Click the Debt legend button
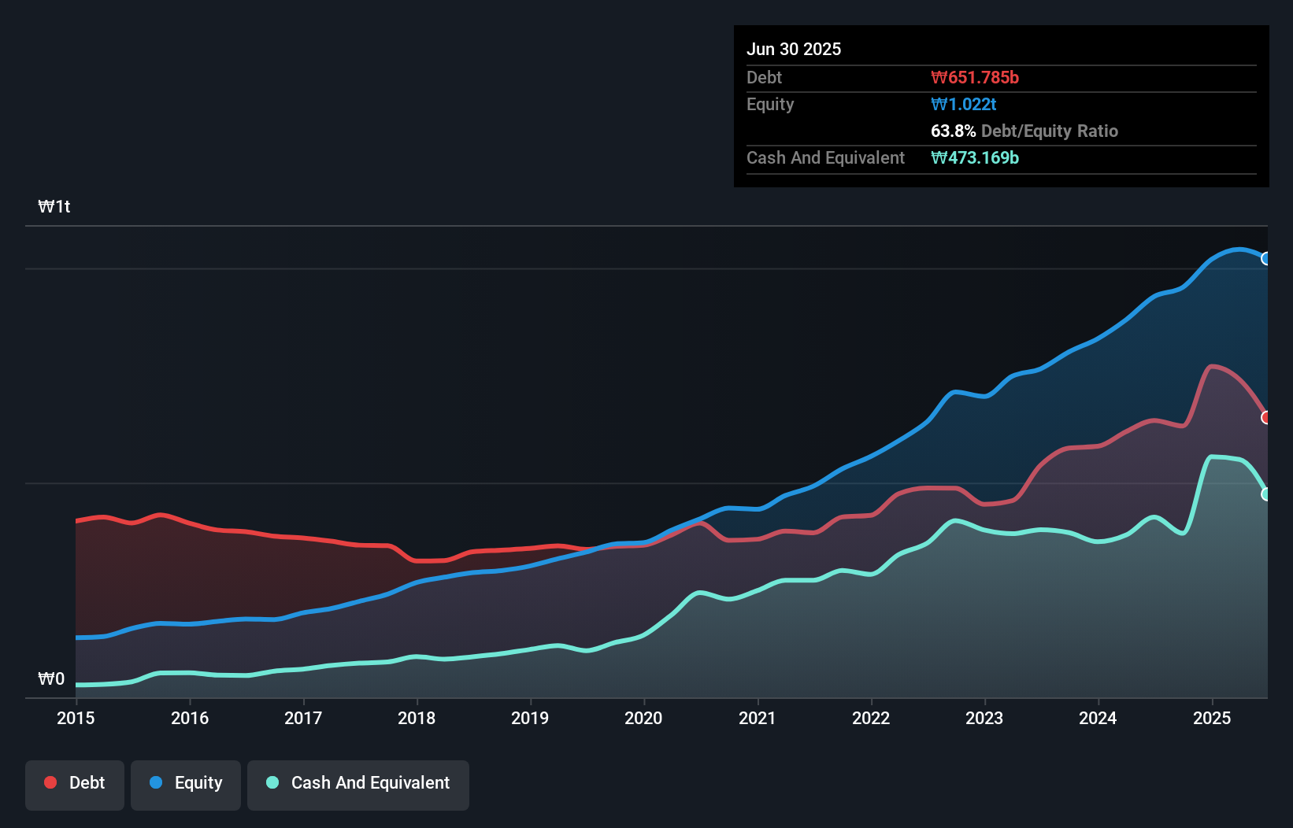click(75, 784)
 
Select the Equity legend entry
click(186, 784)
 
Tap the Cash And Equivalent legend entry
click(358, 784)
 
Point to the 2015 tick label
click(76, 718)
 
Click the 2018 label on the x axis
click(417, 718)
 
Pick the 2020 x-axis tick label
click(643, 718)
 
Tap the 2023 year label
click(984, 718)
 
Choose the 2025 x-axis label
click(1212, 718)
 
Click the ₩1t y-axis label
click(54, 207)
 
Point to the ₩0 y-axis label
click(51, 679)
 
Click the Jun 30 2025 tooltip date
click(794, 50)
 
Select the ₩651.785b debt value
click(975, 78)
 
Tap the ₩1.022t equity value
click(964, 105)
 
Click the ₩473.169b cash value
click(975, 158)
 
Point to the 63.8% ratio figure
click(953, 131)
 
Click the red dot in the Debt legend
click(50, 782)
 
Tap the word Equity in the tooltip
click(770, 105)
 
